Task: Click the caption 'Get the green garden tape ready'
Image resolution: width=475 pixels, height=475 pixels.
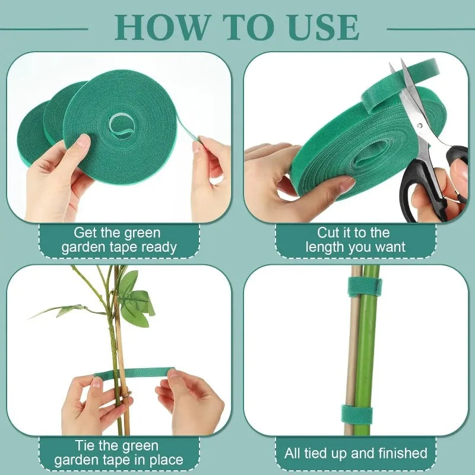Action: tap(119, 240)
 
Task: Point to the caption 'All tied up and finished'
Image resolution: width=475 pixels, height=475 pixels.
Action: tap(356, 454)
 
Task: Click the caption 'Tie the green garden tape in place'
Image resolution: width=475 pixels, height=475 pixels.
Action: tap(119, 453)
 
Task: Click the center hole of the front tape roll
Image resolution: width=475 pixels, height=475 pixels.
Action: tap(122, 125)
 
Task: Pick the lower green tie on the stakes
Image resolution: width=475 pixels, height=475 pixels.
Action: tap(356, 414)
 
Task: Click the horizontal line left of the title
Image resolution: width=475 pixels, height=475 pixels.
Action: tap(45, 28)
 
